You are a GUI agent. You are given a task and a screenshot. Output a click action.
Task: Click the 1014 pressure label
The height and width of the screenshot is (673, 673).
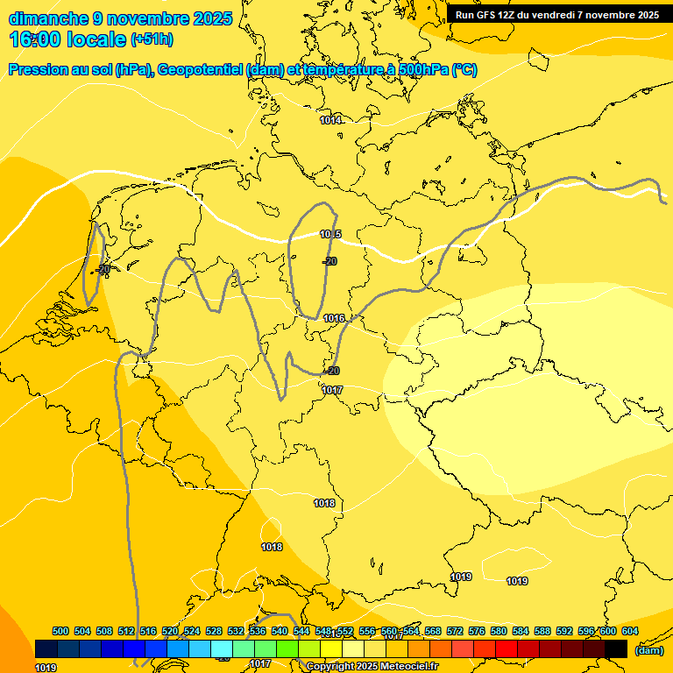coord(330,120)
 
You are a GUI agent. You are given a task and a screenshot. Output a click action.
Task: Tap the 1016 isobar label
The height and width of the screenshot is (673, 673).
coord(334,318)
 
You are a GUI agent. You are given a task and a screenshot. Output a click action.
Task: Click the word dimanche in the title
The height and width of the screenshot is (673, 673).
coord(48,18)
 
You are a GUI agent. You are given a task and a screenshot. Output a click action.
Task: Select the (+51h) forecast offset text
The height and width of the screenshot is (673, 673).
coord(152,39)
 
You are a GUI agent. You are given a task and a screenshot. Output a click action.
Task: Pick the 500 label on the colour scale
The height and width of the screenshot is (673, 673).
coord(60,632)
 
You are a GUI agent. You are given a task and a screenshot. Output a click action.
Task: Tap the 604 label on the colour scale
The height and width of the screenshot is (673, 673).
coord(629,632)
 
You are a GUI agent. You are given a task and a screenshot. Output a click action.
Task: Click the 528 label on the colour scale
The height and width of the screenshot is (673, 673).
coord(214,632)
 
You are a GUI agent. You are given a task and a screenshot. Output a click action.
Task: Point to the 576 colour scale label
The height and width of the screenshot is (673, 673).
coord(477,632)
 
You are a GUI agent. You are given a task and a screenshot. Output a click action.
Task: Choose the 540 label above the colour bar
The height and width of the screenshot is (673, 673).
coord(280,632)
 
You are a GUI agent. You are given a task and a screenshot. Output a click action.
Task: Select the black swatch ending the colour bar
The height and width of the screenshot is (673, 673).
coord(616,648)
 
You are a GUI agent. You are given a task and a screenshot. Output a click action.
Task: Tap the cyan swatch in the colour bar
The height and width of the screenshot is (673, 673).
coord(222,648)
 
